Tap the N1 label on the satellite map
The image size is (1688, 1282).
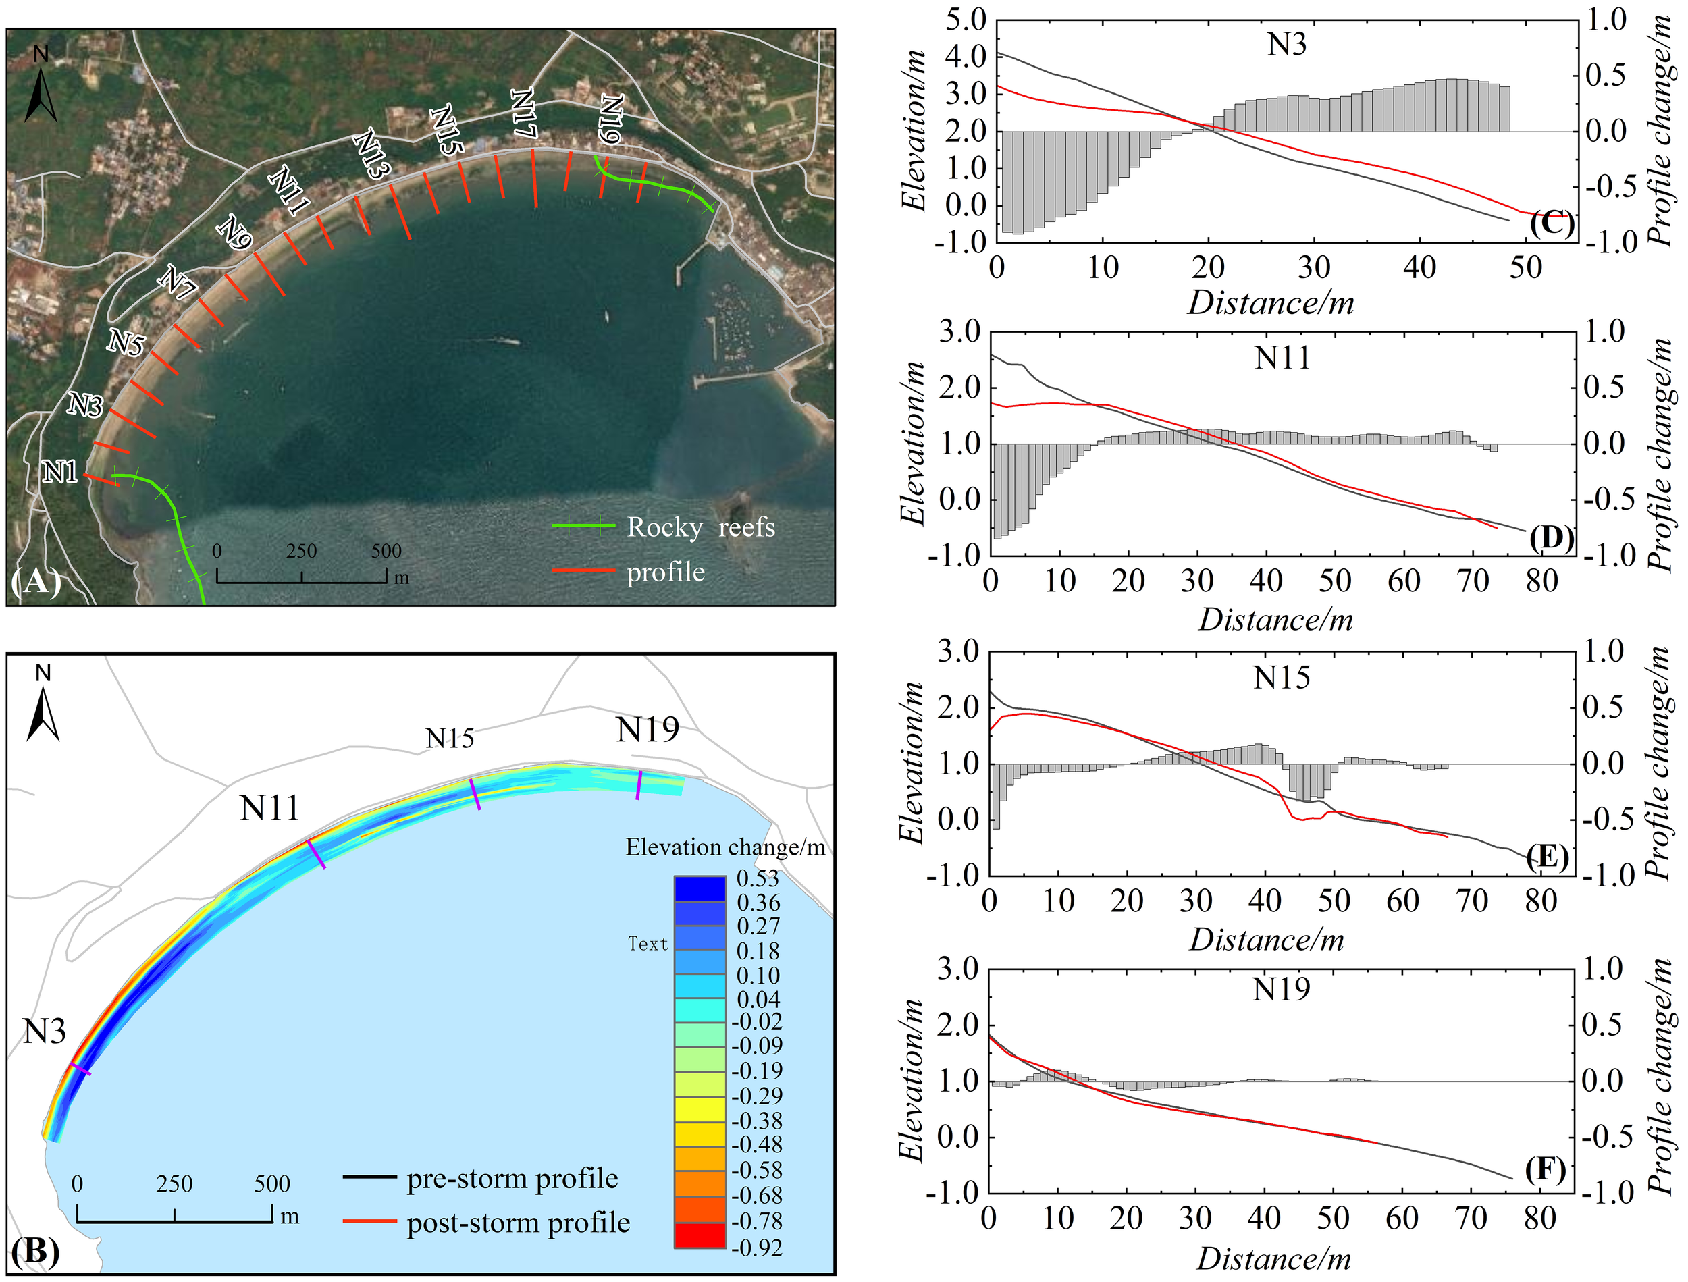point(59,473)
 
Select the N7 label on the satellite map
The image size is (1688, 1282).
point(177,282)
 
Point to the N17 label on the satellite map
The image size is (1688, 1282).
point(523,113)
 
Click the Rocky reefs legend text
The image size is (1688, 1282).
point(701,527)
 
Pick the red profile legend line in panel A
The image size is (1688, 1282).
point(584,571)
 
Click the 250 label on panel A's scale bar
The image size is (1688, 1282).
point(301,551)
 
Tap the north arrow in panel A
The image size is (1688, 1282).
point(41,86)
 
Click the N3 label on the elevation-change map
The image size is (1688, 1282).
point(45,1032)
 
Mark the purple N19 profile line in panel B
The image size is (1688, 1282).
point(639,785)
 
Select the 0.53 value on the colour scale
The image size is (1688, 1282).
point(758,878)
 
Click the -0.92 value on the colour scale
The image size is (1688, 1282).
point(756,1247)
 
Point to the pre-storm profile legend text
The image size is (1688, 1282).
point(512,1178)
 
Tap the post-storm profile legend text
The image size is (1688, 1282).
point(518,1223)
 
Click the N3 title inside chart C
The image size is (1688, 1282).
point(1287,45)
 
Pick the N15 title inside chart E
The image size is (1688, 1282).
point(1282,678)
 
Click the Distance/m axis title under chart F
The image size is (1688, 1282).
point(1273,1259)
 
